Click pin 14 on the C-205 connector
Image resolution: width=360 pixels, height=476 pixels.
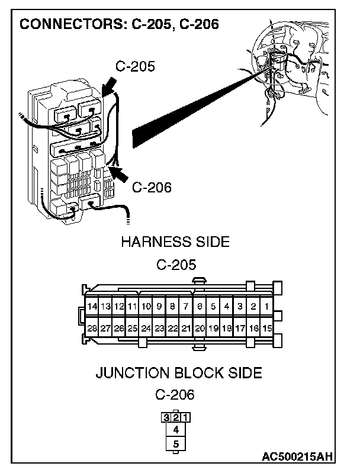click(92, 307)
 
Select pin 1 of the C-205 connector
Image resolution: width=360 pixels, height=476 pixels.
click(267, 307)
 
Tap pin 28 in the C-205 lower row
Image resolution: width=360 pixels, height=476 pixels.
click(92, 328)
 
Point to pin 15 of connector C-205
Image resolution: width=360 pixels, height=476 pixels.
click(267, 328)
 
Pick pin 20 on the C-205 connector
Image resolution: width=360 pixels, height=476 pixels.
click(200, 328)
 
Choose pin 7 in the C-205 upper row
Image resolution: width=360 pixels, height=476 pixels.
click(186, 307)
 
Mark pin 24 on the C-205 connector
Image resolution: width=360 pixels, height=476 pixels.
click(146, 328)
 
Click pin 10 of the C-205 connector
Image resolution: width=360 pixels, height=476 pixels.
click(146, 307)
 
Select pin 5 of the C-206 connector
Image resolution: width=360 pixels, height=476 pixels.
click(176, 443)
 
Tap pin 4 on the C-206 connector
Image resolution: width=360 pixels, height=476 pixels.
click(176, 430)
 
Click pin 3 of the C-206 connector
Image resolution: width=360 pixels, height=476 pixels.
click(166, 417)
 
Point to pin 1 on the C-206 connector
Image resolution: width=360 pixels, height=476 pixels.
click(185, 417)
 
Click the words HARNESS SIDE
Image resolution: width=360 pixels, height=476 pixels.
click(175, 242)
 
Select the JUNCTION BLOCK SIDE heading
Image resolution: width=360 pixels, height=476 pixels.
click(178, 374)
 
